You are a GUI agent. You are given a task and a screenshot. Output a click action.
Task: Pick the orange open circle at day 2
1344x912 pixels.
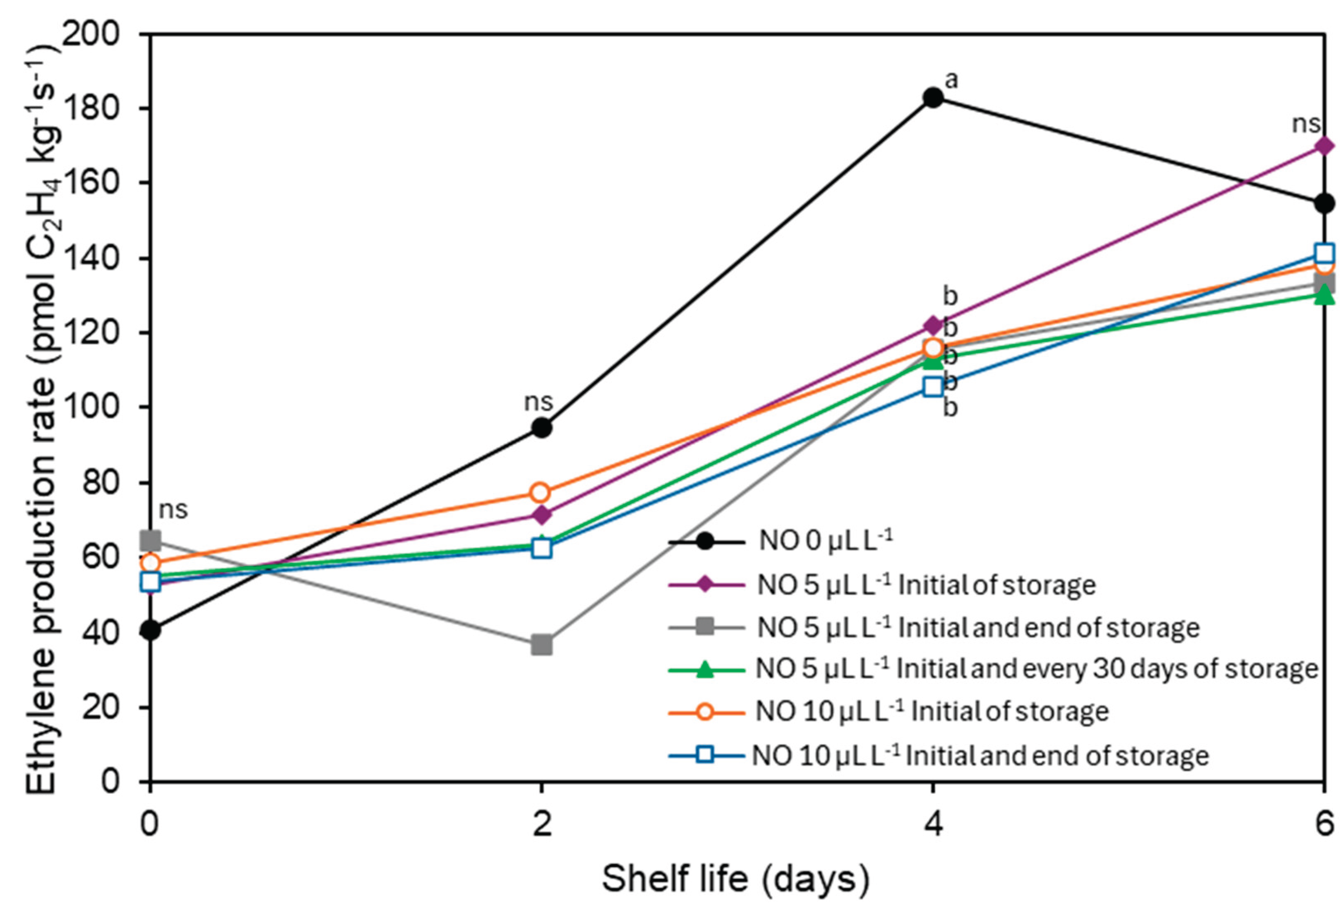(540, 492)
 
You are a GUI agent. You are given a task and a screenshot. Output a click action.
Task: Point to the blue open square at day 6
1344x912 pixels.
(1324, 253)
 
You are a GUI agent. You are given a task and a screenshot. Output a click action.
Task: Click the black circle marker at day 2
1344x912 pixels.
(541, 428)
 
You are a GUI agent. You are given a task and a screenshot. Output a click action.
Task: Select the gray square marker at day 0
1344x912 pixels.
(151, 541)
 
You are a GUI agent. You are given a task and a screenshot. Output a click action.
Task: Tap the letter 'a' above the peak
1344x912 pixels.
(951, 81)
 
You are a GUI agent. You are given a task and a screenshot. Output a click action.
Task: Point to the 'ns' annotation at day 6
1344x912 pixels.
(1306, 124)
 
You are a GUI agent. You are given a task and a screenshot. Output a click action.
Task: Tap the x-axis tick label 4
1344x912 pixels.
(933, 825)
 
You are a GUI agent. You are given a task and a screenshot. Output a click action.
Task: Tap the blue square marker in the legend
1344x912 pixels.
(704, 755)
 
